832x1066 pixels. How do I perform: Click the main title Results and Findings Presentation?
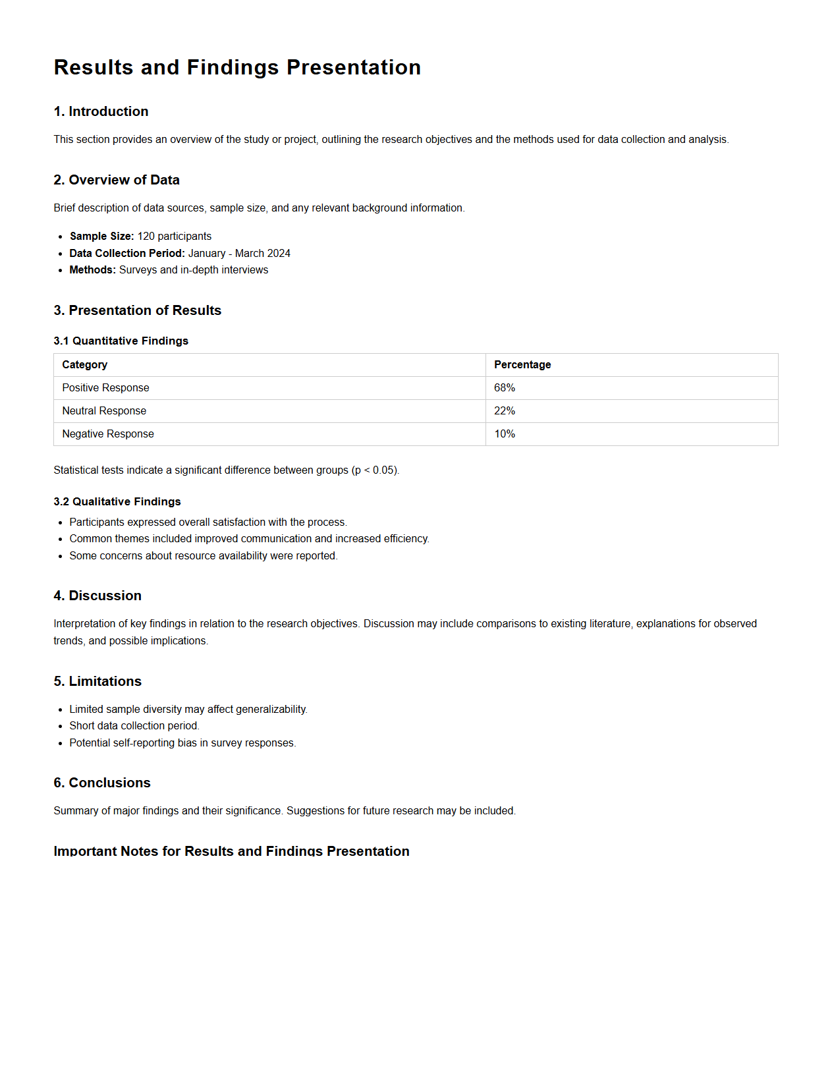(x=237, y=67)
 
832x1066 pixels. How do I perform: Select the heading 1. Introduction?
(x=101, y=111)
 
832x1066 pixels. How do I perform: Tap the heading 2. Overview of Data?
(x=117, y=180)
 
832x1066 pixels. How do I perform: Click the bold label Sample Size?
(x=101, y=236)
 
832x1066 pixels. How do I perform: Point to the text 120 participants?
(x=175, y=236)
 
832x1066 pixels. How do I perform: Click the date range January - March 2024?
(x=239, y=253)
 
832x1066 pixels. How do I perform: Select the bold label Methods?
(x=92, y=270)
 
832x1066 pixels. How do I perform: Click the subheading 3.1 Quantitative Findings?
(x=121, y=341)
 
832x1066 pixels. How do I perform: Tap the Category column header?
(x=84, y=365)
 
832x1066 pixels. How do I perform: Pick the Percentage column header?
(x=522, y=365)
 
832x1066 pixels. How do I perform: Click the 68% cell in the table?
(x=505, y=388)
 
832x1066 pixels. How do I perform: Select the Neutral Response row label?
(x=104, y=411)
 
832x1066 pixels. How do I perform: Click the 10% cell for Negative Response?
(x=505, y=434)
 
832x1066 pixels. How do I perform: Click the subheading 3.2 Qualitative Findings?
(x=117, y=501)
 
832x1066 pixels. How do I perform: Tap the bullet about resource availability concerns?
(x=203, y=556)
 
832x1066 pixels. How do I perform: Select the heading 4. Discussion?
(x=97, y=596)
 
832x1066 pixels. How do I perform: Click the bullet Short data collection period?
(x=134, y=726)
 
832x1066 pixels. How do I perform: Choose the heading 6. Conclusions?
(x=102, y=783)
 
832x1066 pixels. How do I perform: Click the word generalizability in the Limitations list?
(x=271, y=710)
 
